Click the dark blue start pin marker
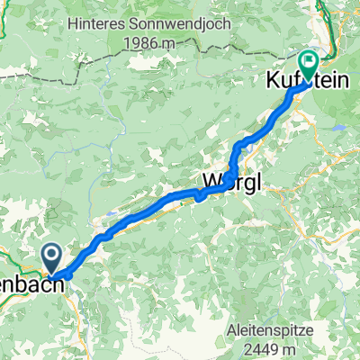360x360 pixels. (x=51, y=256)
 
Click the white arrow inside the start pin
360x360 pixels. (x=51, y=256)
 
